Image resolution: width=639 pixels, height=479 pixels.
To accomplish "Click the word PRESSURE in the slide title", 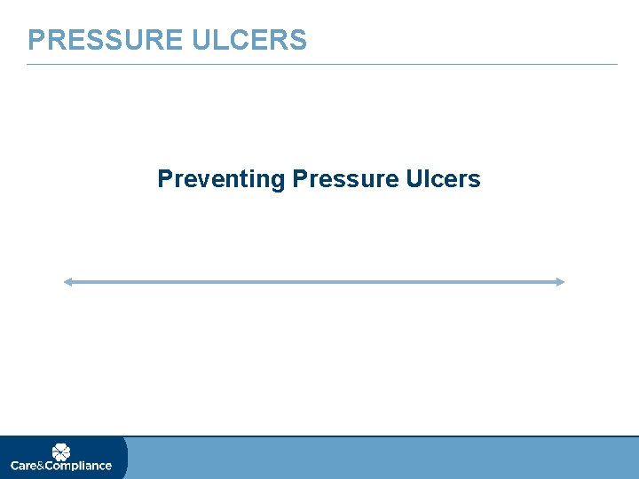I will pyautogui.click(x=104, y=40).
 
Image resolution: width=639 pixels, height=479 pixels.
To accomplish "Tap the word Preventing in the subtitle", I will pyautogui.click(x=221, y=179).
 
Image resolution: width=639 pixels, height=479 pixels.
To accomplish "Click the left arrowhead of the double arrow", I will pyautogui.click(x=67, y=282).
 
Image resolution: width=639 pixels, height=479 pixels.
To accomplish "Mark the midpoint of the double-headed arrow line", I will pyautogui.click(x=313, y=282).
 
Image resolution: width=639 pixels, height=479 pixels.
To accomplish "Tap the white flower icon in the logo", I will pyautogui.click(x=61, y=452).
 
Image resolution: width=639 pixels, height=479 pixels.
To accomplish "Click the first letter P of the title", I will pyautogui.click(x=35, y=40).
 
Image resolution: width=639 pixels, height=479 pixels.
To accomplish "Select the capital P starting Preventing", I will pyautogui.click(x=164, y=179).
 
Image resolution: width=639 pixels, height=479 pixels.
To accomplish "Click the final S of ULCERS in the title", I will pyautogui.click(x=299, y=40).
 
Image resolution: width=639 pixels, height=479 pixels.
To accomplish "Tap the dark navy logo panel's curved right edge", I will pyautogui.click(x=126, y=458).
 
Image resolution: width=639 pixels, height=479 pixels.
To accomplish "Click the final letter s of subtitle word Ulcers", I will pyautogui.click(x=475, y=180).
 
